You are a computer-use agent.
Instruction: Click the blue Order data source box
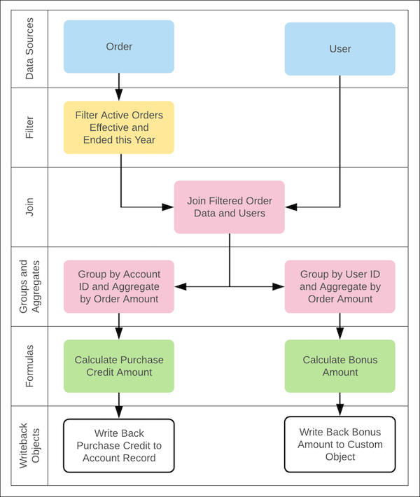(118, 47)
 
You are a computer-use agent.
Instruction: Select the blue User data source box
(339, 49)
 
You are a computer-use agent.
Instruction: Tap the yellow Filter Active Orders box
(118, 127)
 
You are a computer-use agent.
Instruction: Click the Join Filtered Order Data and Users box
(229, 206)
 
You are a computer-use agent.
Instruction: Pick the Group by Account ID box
(118, 286)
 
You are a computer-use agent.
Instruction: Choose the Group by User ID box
(339, 286)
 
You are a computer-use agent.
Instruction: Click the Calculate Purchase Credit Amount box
(118, 366)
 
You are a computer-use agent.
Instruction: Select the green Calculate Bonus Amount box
(339, 366)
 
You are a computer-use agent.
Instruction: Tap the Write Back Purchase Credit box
(118, 445)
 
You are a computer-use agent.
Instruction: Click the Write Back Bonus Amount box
(339, 444)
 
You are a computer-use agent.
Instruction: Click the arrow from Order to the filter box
(118, 87)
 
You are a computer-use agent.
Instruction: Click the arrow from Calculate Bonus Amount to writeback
(339, 405)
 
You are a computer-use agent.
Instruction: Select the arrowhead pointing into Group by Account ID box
(179, 286)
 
